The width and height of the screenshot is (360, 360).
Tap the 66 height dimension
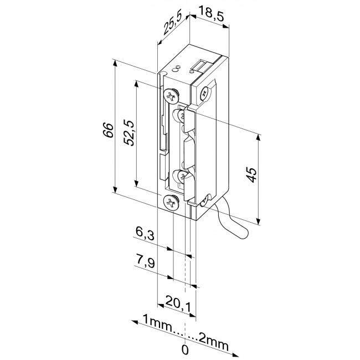(x=109, y=131)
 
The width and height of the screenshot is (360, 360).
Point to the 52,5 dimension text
(x=128, y=134)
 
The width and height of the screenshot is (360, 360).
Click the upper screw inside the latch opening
(x=182, y=116)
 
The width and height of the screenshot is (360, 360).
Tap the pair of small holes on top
(x=177, y=68)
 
